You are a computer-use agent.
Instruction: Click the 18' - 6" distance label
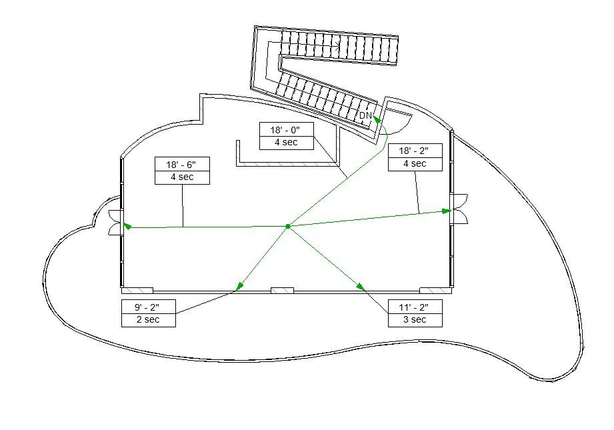(182, 164)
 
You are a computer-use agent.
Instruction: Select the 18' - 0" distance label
(285, 130)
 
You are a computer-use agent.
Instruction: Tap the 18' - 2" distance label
(415, 151)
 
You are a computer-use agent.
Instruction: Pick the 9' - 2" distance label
(149, 307)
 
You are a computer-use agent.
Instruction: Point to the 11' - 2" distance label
(415, 307)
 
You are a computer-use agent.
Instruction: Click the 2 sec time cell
(149, 320)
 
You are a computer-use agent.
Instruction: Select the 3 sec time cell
(415, 320)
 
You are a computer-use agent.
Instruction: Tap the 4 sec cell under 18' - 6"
(182, 177)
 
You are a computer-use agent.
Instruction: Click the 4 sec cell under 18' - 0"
(285, 143)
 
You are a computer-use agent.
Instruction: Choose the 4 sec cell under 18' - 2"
(415, 163)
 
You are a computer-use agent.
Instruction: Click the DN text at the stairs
(365, 115)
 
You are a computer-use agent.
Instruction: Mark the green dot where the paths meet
(288, 227)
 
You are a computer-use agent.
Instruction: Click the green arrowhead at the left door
(127, 227)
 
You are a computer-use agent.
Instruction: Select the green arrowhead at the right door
(447, 211)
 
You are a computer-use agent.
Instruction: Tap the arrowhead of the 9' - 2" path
(239, 287)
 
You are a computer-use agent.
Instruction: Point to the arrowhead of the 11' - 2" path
(361, 287)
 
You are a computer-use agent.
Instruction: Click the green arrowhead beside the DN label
(377, 119)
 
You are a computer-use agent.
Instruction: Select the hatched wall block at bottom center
(282, 291)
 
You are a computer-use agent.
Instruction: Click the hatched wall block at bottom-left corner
(137, 291)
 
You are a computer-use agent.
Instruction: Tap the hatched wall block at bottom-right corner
(436, 291)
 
